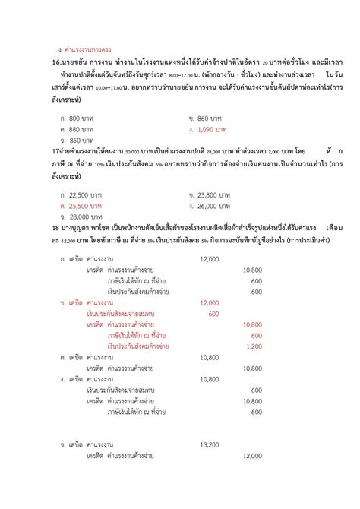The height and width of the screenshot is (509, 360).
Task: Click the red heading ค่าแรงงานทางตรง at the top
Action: tap(85, 49)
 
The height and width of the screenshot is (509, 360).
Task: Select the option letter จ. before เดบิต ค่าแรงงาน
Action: tap(63, 444)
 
